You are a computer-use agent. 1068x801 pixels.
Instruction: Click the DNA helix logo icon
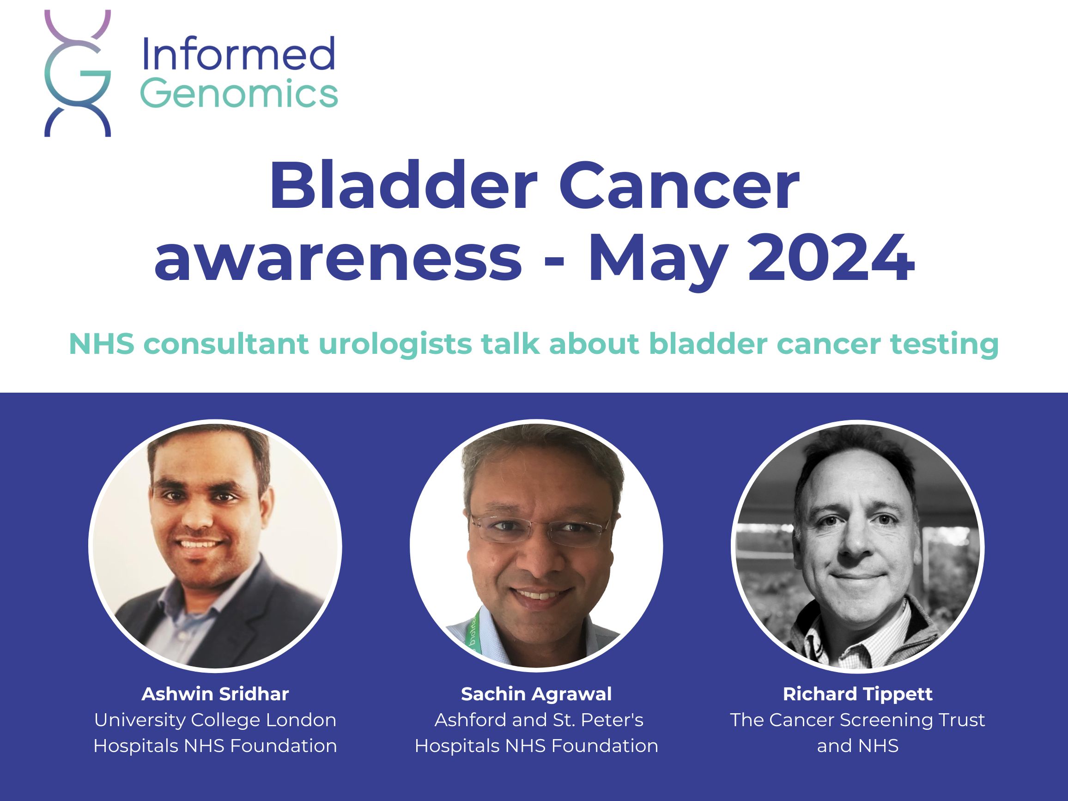click(x=77, y=73)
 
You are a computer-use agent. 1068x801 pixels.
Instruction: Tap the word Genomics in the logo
click(x=238, y=93)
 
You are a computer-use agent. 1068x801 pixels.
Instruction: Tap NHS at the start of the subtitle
click(x=101, y=344)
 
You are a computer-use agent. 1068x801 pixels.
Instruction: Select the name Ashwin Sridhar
click(x=215, y=694)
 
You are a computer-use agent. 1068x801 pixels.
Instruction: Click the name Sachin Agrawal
click(x=536, y=694)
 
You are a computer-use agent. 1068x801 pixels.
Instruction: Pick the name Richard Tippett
click(x=857, y=694)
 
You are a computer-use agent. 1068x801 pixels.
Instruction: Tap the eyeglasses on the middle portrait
click(x=540, y=529)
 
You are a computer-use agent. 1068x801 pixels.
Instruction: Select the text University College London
click(x=215, y=720)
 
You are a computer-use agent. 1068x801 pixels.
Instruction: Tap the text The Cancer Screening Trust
click(x=857, y=720)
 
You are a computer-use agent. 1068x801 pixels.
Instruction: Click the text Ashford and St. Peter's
click(x=539, y=720)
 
